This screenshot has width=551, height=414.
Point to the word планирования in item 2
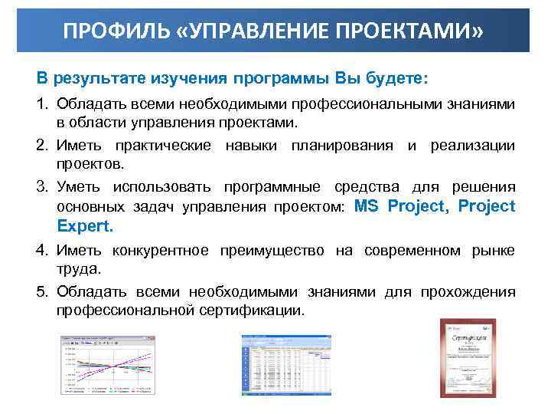click(x=342, y=146)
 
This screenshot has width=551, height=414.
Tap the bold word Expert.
click(x=85, y=226)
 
